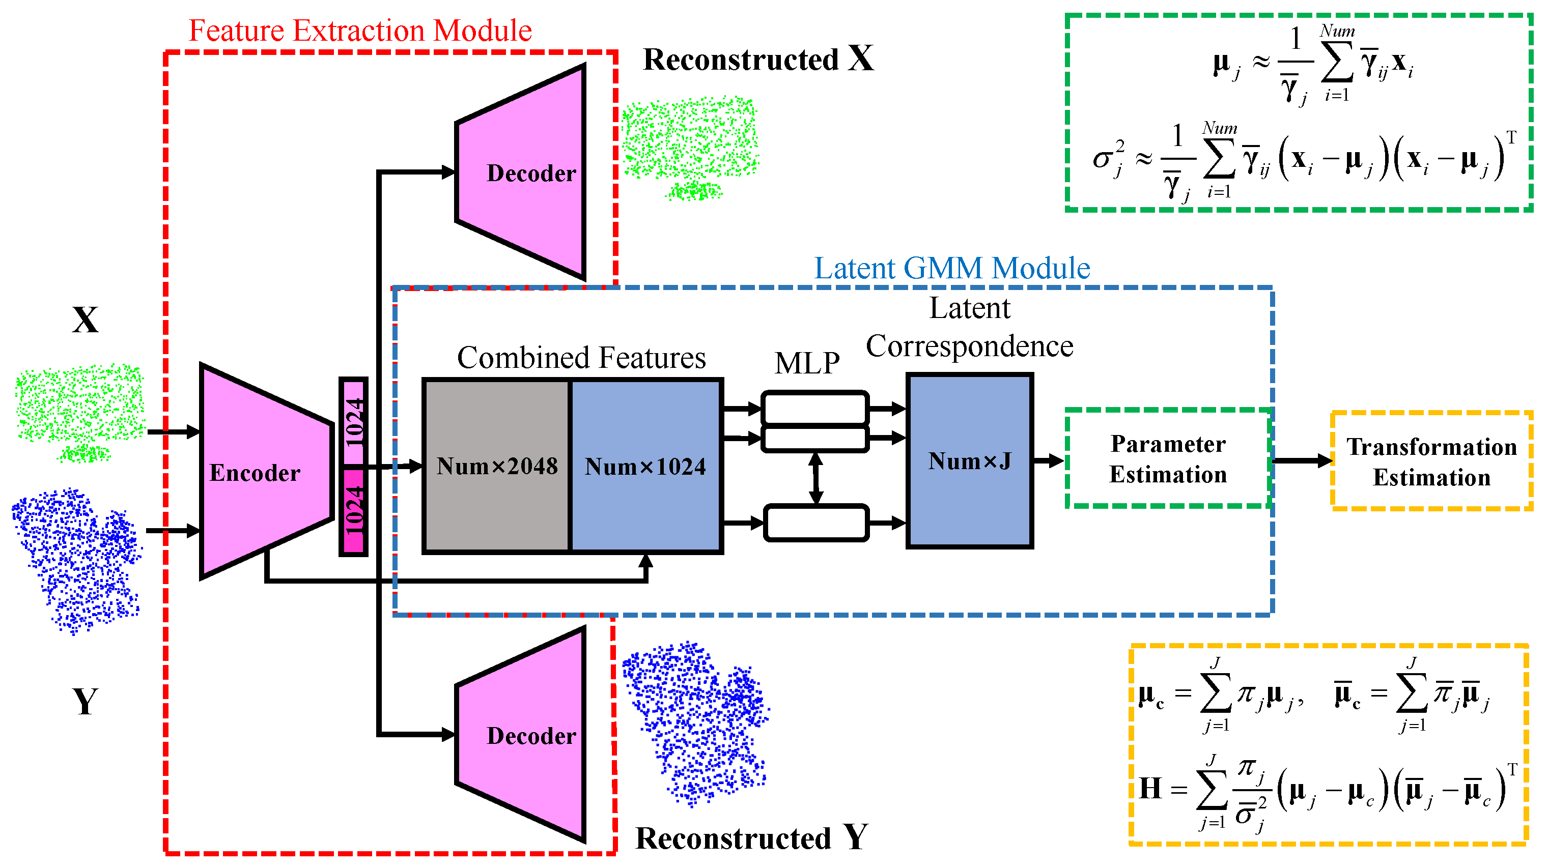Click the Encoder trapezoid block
(x=264, y=472)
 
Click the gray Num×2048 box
(x=496, y=466)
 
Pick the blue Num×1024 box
(x=645, y=466)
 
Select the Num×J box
(x=969, y=461)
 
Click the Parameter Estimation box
(x=1168, y=459)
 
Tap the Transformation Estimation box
(x=1431, y=461)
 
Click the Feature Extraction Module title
(x=360, y=30)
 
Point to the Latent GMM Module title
(x=951, y=268)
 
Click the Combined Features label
(x=581, y=358)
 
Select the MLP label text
(x=806, y=363)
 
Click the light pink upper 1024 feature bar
(x=353, y=422)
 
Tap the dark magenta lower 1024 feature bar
(x=353, y=511)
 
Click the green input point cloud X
(x=79, y=409)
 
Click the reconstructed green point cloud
(x=690, y=144)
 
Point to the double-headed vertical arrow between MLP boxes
(x=815, y=478)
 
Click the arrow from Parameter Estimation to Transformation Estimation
(x=1302, y=461)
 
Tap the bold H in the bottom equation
(x=1150, y=788)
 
